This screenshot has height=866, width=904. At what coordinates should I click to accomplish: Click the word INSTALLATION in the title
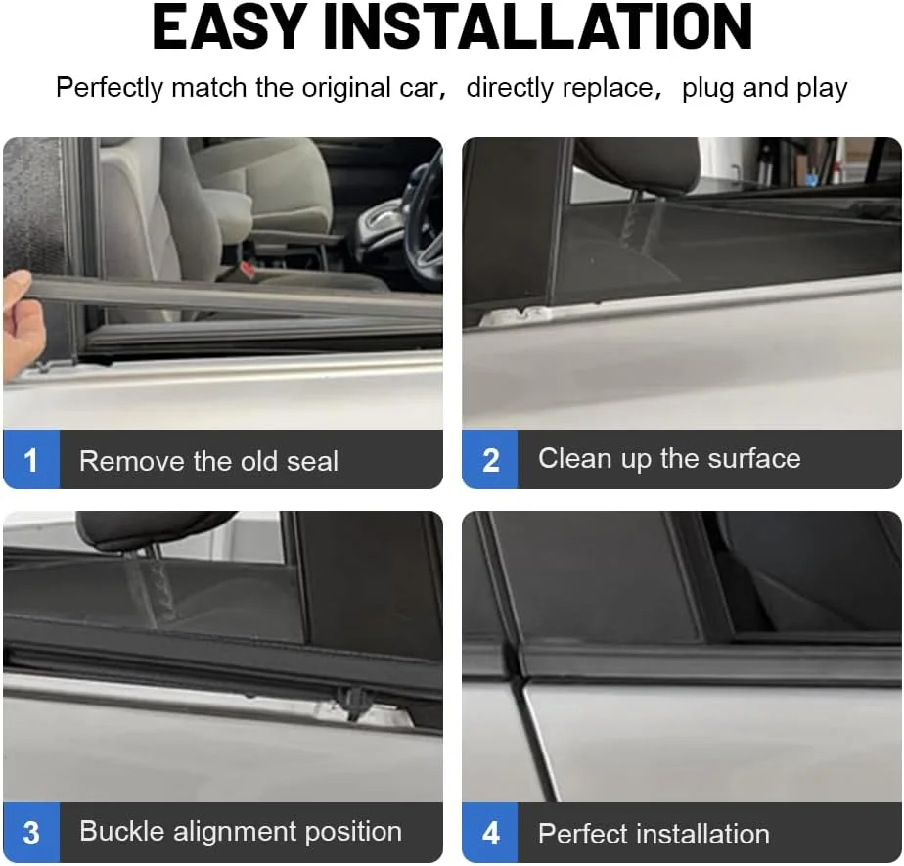[538, 27]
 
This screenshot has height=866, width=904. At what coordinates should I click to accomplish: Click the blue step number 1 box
[31, 460]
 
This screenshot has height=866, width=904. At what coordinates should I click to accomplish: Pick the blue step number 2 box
[490, 460]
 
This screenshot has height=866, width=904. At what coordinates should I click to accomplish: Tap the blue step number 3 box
[31, 833]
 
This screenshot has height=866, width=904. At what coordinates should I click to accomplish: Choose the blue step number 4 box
[490, 833]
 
